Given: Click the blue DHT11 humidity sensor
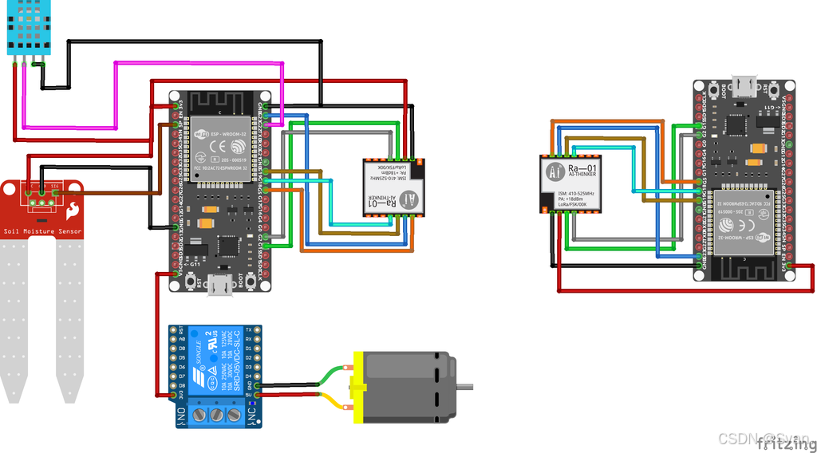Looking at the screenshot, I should point(29,27).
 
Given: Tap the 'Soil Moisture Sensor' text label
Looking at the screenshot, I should point(42,232).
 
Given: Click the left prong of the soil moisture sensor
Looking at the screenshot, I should point(16,319).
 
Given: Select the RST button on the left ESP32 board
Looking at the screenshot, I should point(191,282).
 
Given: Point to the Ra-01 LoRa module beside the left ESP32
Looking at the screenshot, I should point(393,187).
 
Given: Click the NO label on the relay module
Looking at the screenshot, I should point(183,415).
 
